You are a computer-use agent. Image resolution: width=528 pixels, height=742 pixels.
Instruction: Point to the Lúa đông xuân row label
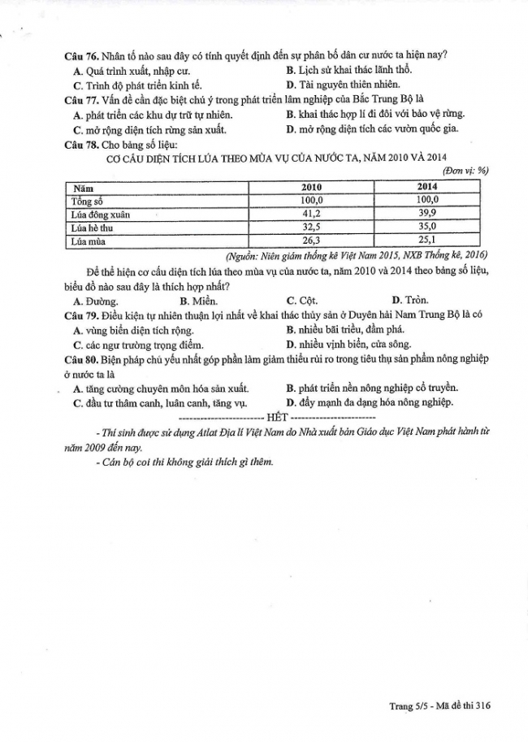click(100, 215)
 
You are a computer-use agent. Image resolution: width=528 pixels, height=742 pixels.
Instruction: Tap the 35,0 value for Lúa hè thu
click(427, 228)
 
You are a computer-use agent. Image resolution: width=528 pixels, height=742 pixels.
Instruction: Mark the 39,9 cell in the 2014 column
click(427, 215)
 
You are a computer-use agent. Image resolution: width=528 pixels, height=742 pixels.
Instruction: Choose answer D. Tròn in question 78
click(410, 300)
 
